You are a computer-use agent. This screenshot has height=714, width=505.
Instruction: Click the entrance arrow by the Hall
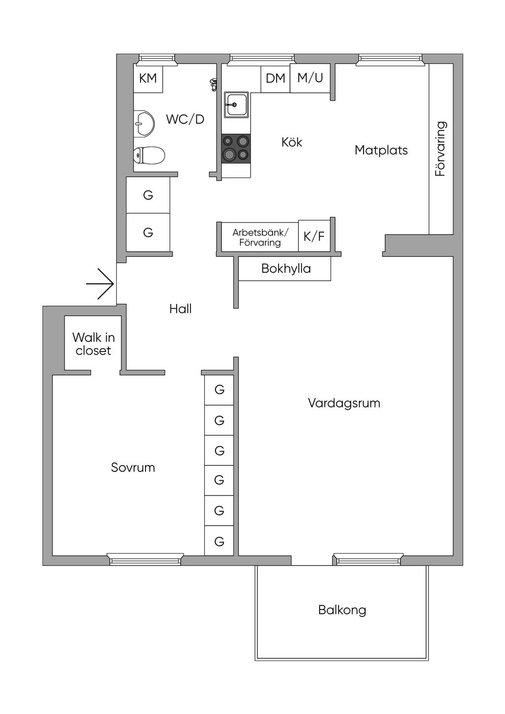[x=100, y=284]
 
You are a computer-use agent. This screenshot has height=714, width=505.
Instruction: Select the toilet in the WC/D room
[x=149, y=155]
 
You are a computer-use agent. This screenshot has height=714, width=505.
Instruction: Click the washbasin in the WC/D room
[x=144, y=124]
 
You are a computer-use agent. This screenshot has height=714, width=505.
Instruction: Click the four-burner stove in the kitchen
[x=236, y=147]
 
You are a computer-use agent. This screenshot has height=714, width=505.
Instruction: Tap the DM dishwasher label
[x=276, y=78]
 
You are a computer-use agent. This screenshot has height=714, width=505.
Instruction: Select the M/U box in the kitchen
[x=310, y=78]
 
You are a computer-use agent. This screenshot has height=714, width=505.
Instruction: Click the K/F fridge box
[x=314, y=236]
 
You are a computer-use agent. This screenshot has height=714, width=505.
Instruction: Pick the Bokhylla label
[x=286, y=268]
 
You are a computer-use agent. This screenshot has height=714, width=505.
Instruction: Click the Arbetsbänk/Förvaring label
[x=260, y=238]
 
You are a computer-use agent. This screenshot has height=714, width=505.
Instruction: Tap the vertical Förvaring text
[x=440, y=148]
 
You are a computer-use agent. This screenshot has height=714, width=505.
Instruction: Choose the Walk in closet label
[x=93, y=344]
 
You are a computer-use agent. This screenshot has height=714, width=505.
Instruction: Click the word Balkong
[x=342, y=610]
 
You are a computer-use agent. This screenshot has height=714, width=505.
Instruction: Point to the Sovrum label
[x=133, y=467]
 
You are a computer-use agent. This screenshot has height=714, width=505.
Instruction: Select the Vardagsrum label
[x=344, y=403]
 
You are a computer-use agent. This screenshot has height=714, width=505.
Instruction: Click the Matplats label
[x=381, y=150]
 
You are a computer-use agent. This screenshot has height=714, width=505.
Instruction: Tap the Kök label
[x=292, y=142]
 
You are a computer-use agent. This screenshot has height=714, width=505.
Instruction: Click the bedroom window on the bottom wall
[x=145, y=559]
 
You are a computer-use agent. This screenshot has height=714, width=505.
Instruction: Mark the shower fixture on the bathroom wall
[x=213, y=85]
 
